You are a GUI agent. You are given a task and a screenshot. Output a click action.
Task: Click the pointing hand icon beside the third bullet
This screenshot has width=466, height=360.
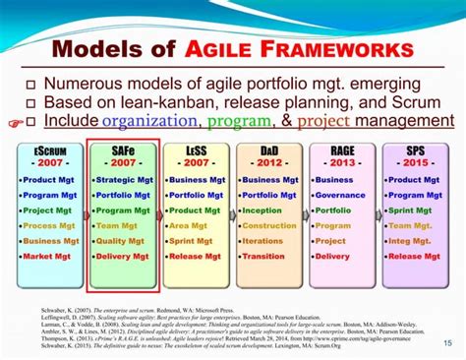tap(13, 124)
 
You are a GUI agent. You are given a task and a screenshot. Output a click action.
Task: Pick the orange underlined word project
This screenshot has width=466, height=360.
tap(323, 120)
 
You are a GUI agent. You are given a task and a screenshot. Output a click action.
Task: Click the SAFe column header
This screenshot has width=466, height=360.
tap(123, 150)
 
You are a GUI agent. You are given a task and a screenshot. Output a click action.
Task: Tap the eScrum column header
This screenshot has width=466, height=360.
tap(49, 150)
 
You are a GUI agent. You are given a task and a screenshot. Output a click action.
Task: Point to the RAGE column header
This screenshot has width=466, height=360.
tap(342, 150)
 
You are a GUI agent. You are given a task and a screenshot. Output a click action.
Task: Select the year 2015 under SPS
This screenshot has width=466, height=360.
tap(415, 164)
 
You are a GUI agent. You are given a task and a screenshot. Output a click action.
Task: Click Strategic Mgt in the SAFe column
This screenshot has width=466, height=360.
tap(125, 180)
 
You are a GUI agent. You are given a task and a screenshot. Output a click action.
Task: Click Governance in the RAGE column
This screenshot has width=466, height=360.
tap(345, 195)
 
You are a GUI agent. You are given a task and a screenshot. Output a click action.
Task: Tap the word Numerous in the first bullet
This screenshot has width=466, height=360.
tap(82, 84)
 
